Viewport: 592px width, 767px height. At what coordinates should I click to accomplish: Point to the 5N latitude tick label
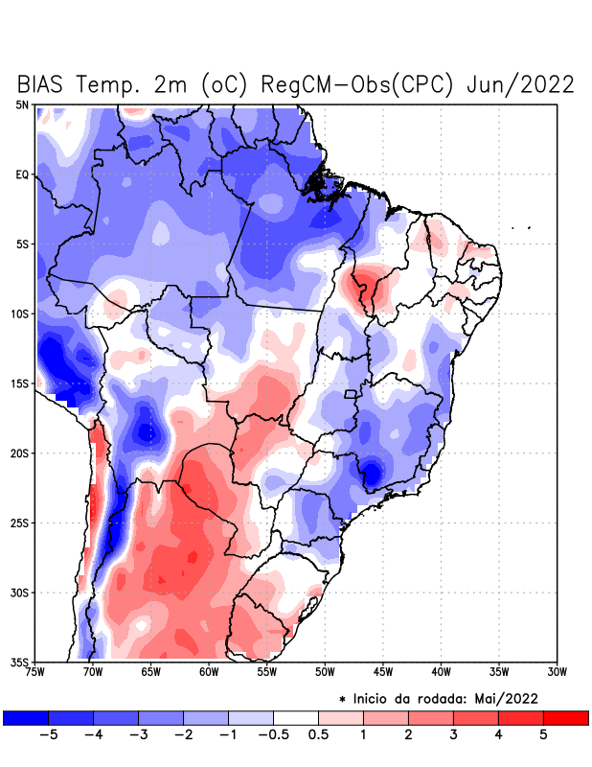click(22, 105)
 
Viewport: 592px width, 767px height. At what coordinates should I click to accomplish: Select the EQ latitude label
click(22, 174)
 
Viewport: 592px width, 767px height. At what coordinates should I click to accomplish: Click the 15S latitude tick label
click(19, 383)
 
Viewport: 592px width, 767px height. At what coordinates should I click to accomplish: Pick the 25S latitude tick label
click(19, 523)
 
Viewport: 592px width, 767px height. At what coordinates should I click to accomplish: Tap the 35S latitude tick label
click(19, 662)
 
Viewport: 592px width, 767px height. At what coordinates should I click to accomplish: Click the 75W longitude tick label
click(35, 671)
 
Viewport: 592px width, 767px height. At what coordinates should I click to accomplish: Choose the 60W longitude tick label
click(209, 671)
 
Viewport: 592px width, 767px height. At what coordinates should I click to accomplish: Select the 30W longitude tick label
click(557, 671)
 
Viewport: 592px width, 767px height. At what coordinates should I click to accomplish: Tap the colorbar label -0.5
click(272, 735)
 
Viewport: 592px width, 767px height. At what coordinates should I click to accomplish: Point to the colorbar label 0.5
click(318, 735)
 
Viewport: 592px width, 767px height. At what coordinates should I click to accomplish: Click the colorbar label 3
click(453, 735)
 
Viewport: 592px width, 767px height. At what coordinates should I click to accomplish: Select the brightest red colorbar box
click(565, 717)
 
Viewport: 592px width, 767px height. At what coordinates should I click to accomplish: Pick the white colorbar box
click(295, 717)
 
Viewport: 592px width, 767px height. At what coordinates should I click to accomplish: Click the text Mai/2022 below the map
click(506, 698)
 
